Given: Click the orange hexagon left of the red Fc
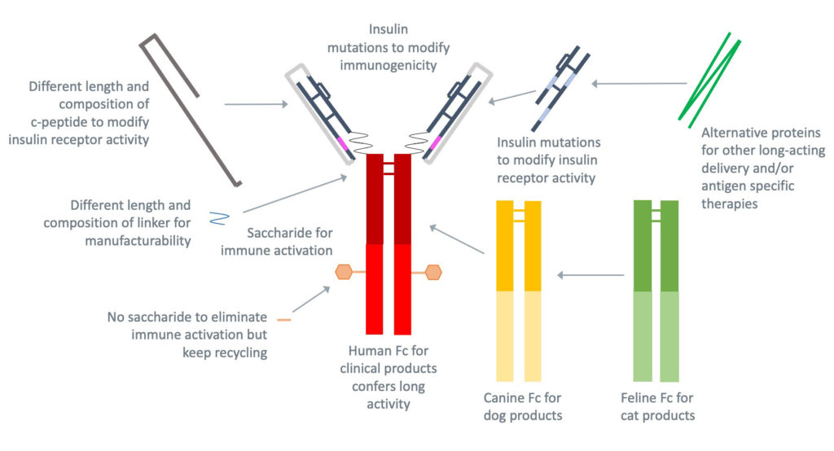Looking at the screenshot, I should click(x=344, y=272).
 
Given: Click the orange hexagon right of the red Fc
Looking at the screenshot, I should click(x=432, y=272).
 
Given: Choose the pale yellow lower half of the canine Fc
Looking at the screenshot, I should click(x=518, y=335).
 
